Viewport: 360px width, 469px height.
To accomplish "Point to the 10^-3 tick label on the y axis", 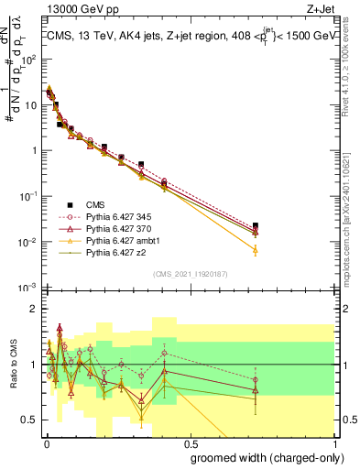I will click(28, 288).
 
